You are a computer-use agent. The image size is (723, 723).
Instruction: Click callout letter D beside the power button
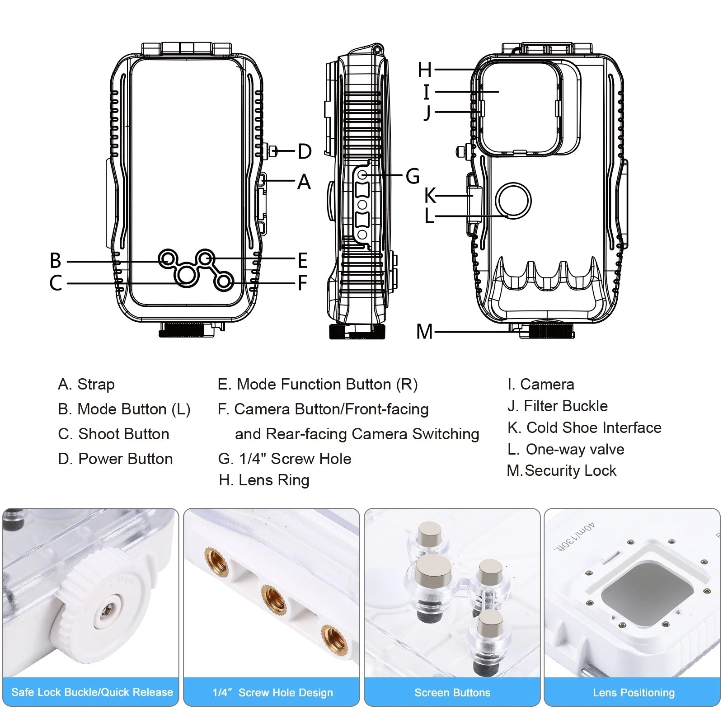pyautogui.click(x=305, y=151)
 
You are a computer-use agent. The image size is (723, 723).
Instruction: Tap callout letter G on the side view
pyautogui.click(x=412, y=176)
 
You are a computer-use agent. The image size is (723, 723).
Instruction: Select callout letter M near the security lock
pyautogui.click(x=424, y=332)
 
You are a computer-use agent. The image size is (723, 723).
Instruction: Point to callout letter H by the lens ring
pyautogui.click(x=425, y=70)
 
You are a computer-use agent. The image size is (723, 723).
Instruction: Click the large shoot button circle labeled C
pyautogui.click(x=186, y=275)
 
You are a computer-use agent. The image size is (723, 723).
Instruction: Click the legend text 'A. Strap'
pyautogui.click(x=86, y=384)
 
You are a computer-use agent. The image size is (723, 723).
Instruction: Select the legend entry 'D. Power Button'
pyautogui.click(x=115, y=459)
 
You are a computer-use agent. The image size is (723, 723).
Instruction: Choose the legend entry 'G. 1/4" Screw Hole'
pyautogui.click(x=285, y=459)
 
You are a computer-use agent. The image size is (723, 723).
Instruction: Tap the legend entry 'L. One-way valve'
pyautogui.click(x=566, y=449)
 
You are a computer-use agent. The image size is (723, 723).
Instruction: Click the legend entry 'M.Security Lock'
pyautogui.click(x=562, y=470)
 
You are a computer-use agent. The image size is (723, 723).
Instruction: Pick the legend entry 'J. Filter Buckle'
pyautogui.click(x=558, y=406)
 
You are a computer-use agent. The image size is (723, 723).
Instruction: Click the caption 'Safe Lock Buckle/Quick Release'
pyautogui.click(x=92, y=692)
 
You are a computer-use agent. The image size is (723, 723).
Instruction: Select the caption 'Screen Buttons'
pyautogui.click(x=452, y=692)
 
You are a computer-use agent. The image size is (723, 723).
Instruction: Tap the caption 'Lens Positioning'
pyautogui.click(x=634, y=692)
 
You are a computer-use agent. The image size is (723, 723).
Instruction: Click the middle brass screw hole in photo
pyautogui.click(x=274, y=599)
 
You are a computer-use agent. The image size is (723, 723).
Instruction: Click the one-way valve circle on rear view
pyautogui.click(x=513, y=201)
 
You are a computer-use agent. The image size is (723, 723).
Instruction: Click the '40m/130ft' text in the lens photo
pyautogui.click(x=575, y=538)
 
